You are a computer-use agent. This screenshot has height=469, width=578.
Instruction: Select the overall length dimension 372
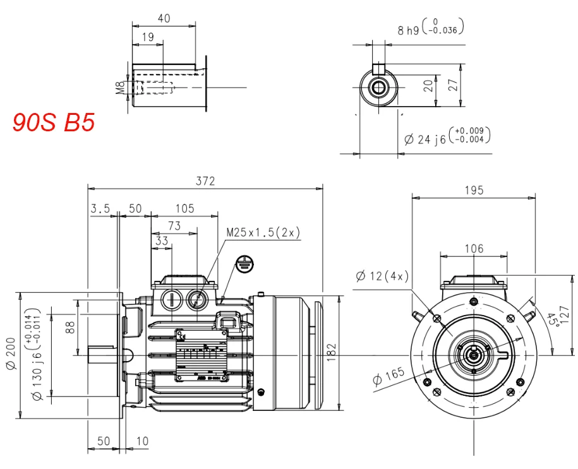tap(205, 181)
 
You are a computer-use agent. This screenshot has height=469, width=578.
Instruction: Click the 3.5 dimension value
tap(100, 208)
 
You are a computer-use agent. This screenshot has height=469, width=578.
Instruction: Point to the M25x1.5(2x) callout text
tap(263, 233)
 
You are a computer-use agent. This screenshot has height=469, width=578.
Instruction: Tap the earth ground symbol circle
tap(244, 264)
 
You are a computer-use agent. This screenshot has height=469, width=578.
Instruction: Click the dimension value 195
tap(473, 190)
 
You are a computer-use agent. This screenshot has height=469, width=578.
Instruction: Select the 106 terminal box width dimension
tap(474, 249)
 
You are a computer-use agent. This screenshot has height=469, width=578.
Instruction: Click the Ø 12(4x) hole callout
tap(383, 276)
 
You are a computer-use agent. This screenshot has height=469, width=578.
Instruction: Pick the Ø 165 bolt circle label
tap(387, 377)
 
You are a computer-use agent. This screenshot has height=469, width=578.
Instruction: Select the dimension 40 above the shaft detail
tap(164, 18)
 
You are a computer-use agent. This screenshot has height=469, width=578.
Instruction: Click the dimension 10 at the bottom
tap(142, 441)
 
